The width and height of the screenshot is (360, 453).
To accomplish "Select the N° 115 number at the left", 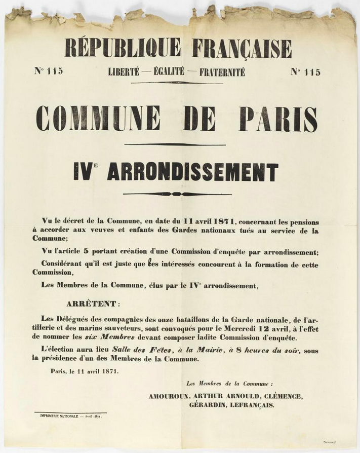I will (x=49, y=71).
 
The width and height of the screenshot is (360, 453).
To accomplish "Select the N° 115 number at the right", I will (x=305, y=72).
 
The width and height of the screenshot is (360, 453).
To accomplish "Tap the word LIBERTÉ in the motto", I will (x=123, y=72).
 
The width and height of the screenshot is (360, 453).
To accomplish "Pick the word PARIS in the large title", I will (x=278, y=119).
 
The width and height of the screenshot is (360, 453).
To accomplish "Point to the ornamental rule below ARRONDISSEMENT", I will (x=177, y=194).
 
